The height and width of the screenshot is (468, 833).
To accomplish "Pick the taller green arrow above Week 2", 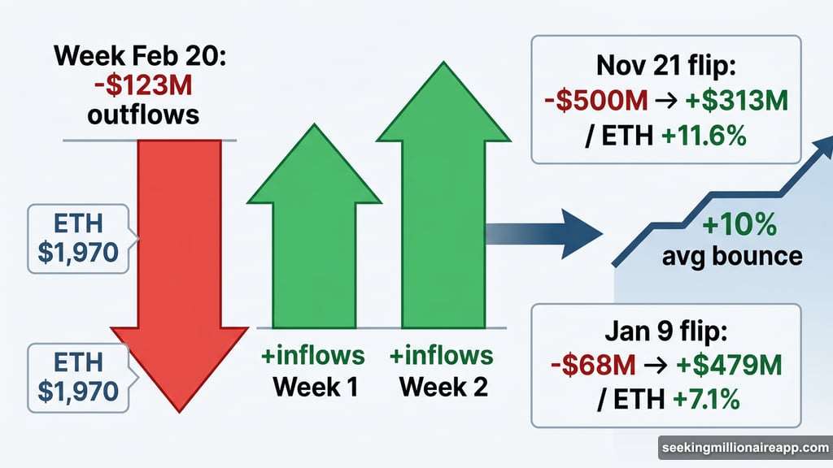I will pyautogui.click(x=442, y=203).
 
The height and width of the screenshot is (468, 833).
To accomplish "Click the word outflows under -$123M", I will pyautogui.click(x=144, y=114).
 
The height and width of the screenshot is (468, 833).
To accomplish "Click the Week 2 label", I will pyautogui.click(x=443, y=386).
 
